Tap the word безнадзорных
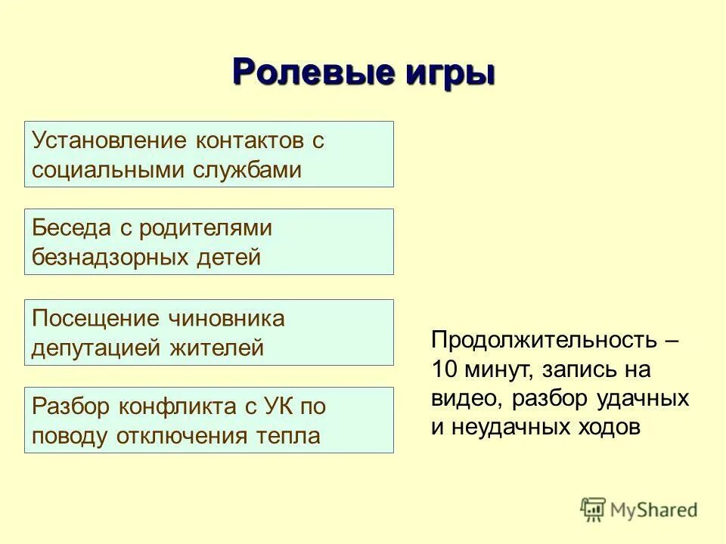point(107,258)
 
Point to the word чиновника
point(226,318)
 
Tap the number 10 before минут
point(443,369)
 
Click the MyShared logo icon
point(593,508)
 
